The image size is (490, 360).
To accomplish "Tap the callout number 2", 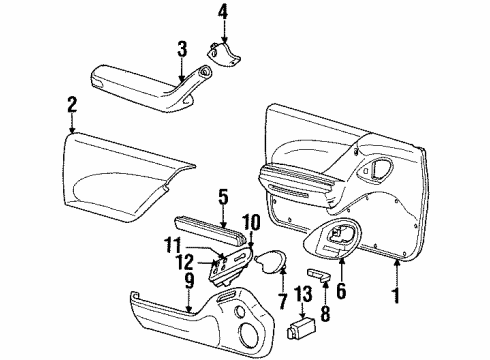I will tap(71, 102).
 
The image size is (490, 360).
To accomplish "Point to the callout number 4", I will tap(223, 13).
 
